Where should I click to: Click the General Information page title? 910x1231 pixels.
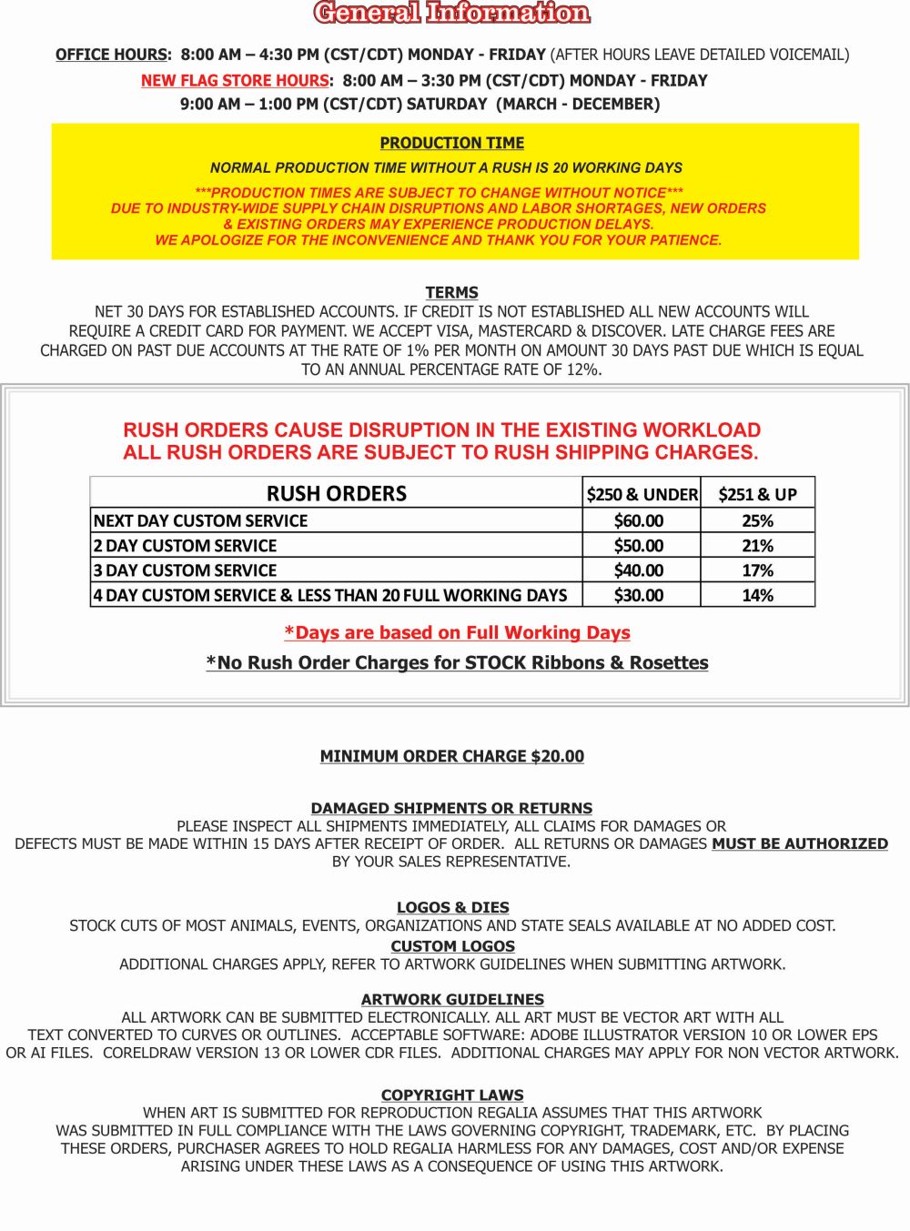coord(452,13)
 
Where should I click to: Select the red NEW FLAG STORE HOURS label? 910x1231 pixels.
coord(235,81)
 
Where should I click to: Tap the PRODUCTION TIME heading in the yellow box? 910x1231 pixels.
coord(452,143)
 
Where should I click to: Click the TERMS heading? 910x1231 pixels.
coord(451,292)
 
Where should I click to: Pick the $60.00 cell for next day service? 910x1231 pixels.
coord(639,520)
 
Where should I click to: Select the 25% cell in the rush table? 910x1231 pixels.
coord(757,520)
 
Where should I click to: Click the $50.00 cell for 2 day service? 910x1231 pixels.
coord(639,546)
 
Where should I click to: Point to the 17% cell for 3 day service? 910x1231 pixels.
coord(757,570)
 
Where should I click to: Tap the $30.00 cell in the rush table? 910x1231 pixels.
coord(639,595)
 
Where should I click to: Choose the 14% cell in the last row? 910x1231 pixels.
coord(757,595)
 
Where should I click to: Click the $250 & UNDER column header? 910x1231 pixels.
coord(642,494)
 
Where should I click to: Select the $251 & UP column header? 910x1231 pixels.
coord(757,494)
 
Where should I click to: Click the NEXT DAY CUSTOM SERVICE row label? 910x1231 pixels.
coord(201,520)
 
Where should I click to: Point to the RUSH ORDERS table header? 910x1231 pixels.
coord(337,493)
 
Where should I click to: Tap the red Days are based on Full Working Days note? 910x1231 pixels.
coord(457,632)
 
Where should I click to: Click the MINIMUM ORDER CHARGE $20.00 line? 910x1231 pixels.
coord(452,756)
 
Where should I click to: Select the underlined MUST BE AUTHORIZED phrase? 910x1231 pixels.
coord(800,843)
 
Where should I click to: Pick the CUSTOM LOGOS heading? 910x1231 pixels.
coord(452,946)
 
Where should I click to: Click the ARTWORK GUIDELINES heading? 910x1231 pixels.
coord(452,999)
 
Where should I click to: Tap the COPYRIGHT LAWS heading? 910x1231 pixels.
coord(452,1095)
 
